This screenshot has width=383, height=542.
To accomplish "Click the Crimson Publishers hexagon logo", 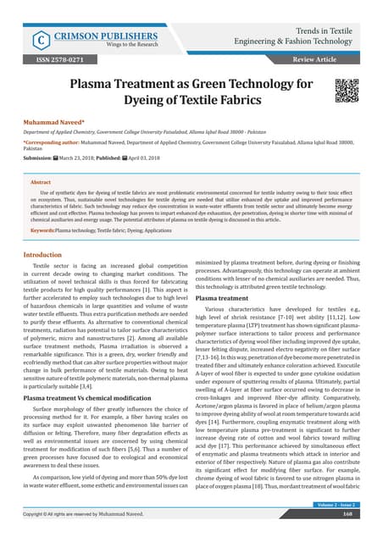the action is click(x=38, y=40).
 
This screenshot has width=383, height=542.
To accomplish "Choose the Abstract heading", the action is click(x=41, y=182).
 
